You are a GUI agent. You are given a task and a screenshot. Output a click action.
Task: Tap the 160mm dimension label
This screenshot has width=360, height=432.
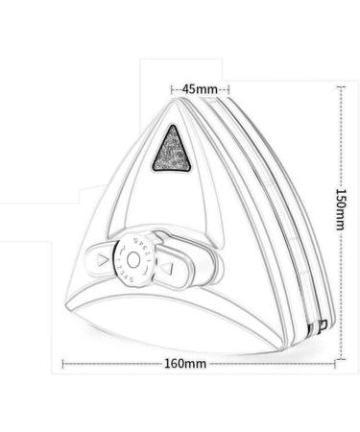coord(185,364)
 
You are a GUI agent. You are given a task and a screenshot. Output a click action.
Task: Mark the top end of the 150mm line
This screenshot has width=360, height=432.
coord(340,85)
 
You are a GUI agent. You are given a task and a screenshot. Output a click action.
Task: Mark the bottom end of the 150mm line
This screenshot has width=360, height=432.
coord(340,360)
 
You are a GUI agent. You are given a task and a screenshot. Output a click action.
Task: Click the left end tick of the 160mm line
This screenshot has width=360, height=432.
coord(64,364)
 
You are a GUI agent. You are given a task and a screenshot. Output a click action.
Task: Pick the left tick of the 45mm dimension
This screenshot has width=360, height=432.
coord(173,88)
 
